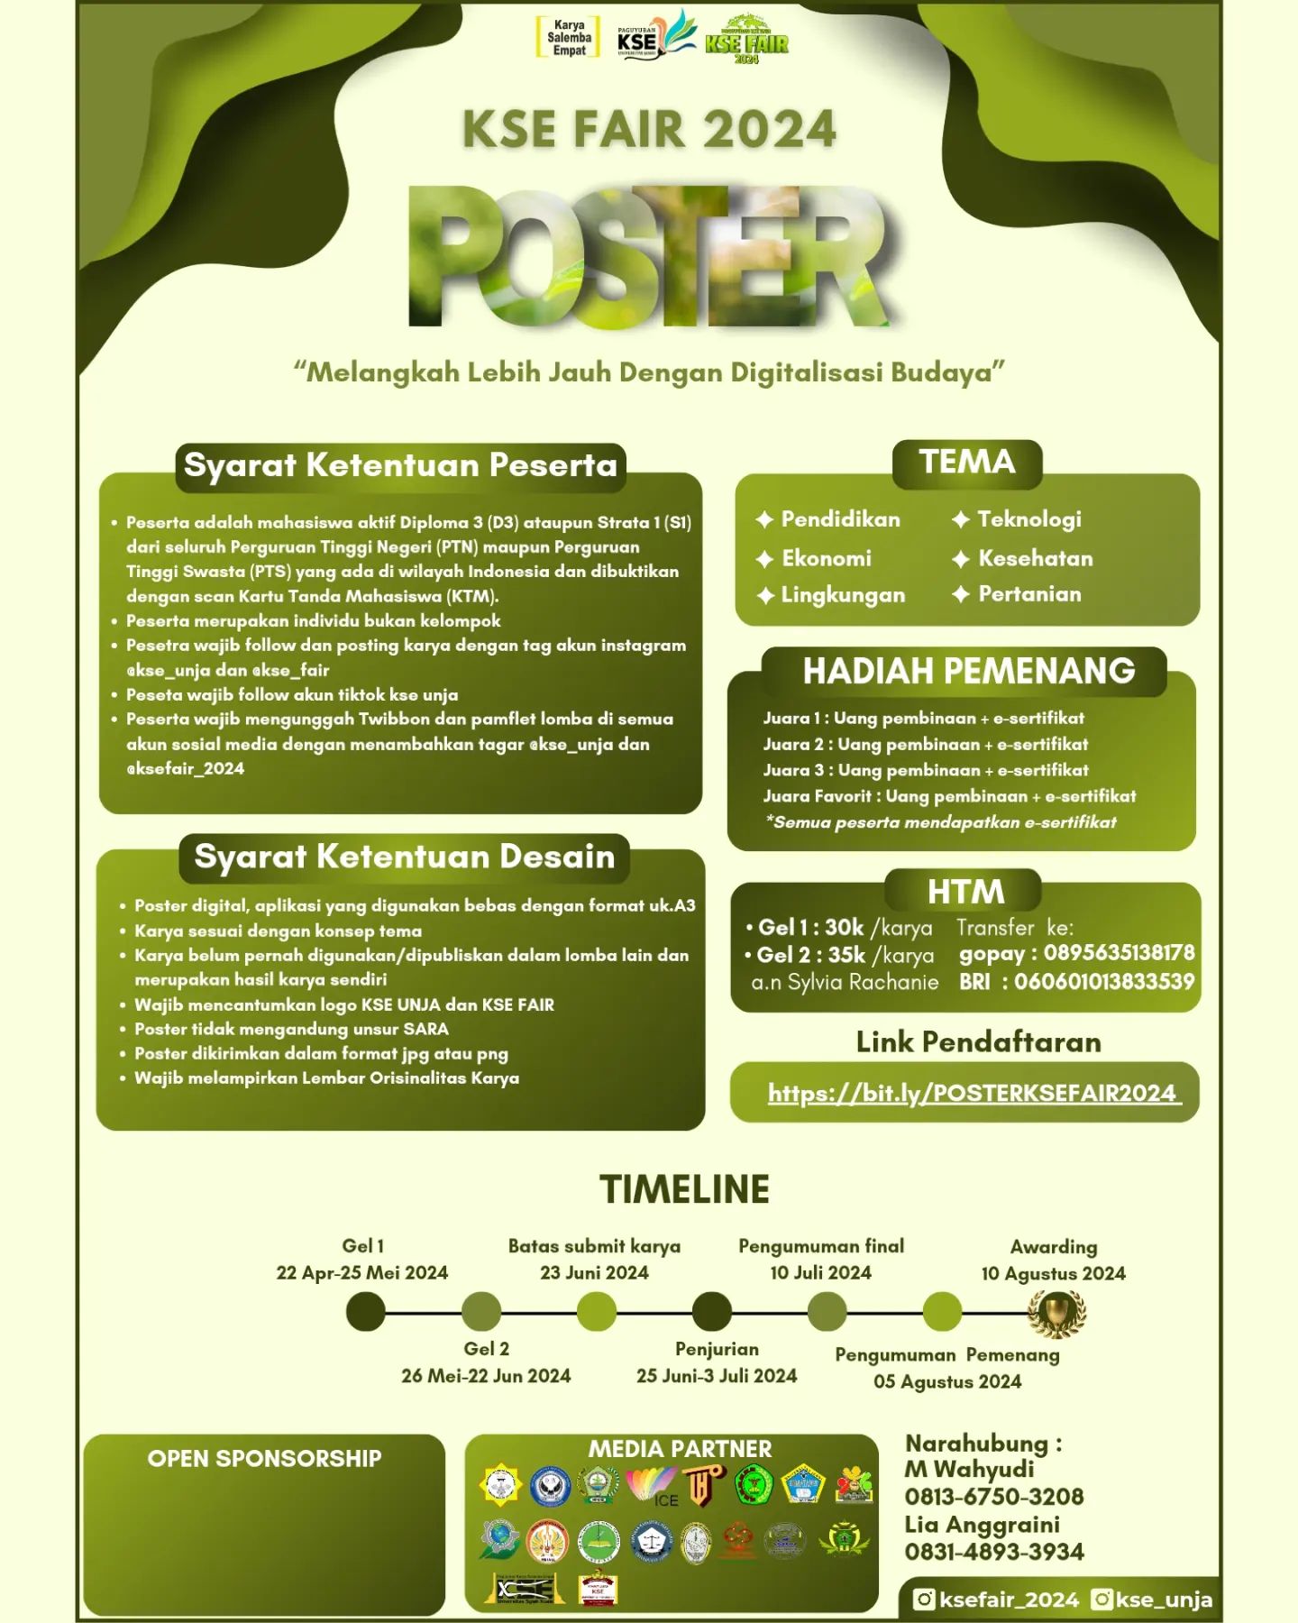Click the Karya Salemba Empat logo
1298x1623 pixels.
[568, 38]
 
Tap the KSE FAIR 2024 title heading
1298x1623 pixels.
[649, 129]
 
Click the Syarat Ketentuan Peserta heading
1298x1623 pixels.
[400, 465]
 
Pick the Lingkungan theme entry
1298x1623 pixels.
[842, 595]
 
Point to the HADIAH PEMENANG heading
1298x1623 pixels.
[968, 671]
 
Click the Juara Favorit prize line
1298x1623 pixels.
[948, 796]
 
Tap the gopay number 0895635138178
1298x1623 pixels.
[1119, 953]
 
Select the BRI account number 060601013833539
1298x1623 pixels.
[1104, 981]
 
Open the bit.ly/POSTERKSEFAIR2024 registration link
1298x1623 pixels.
[972, 1093]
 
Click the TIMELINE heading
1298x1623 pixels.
[684, 1189]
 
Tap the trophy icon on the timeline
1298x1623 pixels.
[1056, 1313]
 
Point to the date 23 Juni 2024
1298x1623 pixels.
[594, 1272]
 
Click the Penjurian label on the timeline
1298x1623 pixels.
[717, 1349]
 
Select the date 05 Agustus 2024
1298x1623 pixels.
[946, 1381]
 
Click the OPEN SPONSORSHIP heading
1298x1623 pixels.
[264, 1459]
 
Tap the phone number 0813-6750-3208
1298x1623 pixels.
[993, 1497]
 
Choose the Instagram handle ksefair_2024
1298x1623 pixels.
[1008, 1600]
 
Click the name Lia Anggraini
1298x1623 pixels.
[982, 1525]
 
